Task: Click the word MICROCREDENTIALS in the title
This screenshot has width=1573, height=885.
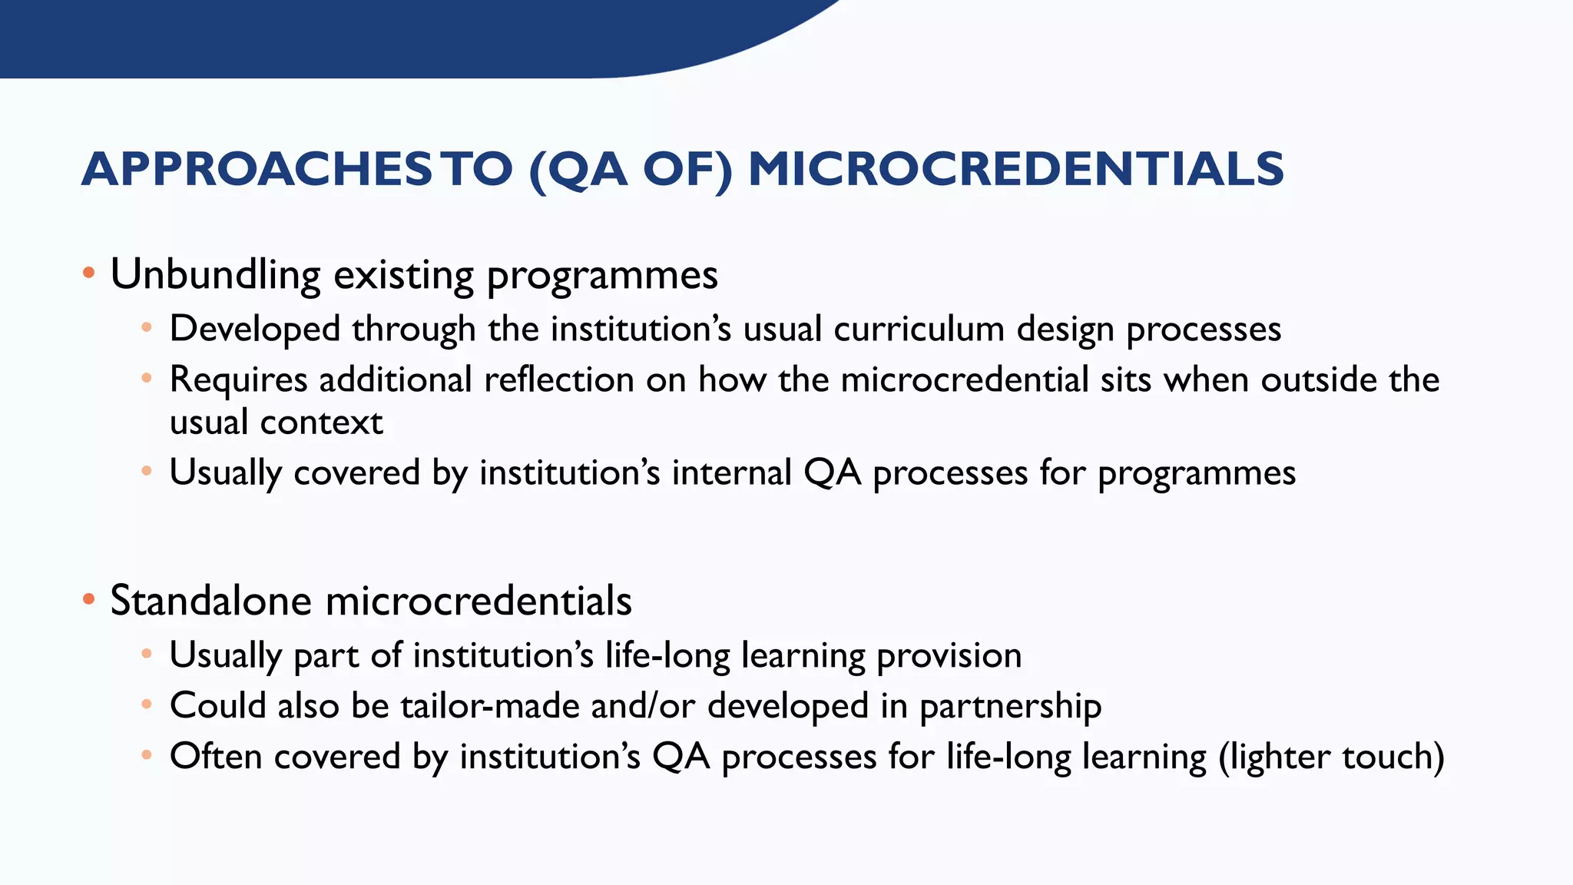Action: (x=1015, y=170)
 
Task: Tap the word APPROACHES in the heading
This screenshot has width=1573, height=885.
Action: (x=257, y=170)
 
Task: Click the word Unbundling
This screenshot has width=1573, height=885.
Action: (x=215, y=274)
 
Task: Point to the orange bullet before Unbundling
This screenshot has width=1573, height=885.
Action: (x=89, y=273)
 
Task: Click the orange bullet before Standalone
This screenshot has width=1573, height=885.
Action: (x=89, y=599)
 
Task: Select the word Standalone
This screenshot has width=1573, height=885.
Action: (x=210, y=601)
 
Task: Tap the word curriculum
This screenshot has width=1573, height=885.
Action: (x=919, y=330)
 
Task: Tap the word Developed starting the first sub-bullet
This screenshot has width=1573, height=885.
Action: (x=254, y=330)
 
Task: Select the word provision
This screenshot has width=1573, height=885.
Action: (x=949, y=656)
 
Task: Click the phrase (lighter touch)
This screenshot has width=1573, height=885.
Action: (x=1331, y=757)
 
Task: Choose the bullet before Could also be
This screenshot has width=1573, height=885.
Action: (x=147, y=704)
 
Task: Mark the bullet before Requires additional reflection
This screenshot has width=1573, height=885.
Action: (x=147, y=378)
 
